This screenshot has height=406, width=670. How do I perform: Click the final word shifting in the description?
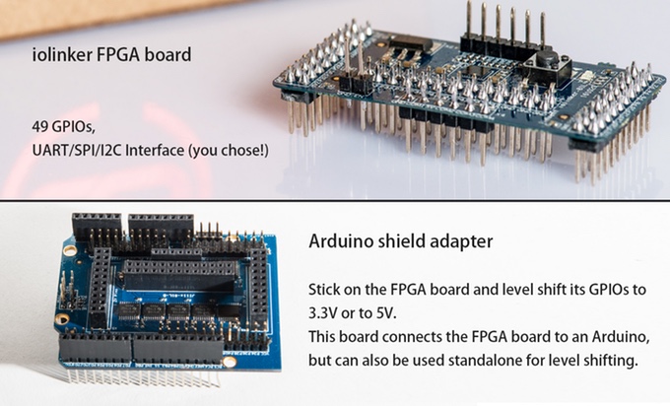614,361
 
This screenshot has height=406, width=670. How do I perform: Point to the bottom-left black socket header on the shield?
95,347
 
